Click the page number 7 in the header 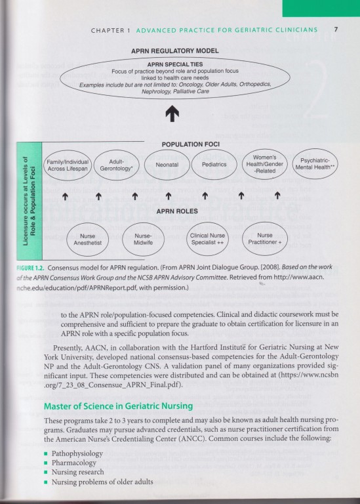pos(335,30)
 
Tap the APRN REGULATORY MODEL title pos(174,51)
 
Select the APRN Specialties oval pos(174,77)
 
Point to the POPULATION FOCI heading pos(190,144)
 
